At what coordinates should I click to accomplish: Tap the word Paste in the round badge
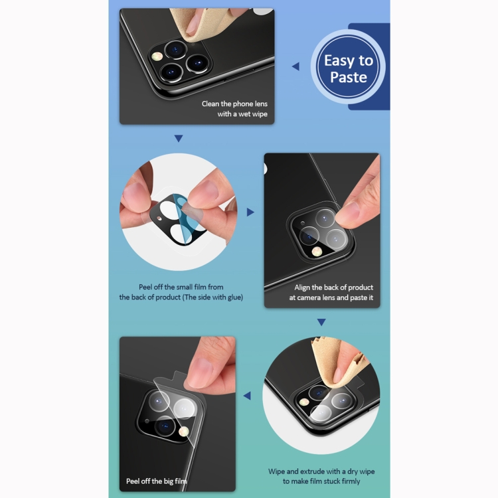pos(349,77)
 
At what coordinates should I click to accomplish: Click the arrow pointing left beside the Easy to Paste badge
pos(295,66)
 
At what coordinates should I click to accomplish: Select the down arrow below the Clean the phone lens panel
pos(179,139)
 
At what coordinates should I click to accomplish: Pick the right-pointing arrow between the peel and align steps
pos(250,212)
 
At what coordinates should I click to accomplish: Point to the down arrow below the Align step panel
pos(321,322)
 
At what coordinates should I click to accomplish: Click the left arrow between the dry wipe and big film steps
pos(247,396)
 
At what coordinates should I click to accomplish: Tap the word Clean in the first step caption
pos(210,104)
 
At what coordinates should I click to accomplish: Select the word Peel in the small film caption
pos(145,287)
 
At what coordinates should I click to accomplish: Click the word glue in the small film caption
pos(234,297)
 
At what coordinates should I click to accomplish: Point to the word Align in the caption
pos(302,288)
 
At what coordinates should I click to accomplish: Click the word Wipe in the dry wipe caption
pos(276,471)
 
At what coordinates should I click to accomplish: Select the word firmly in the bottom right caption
pos(351,481)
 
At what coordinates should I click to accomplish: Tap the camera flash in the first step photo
pos(157,56)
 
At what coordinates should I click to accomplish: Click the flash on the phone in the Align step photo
pos(316,252)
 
